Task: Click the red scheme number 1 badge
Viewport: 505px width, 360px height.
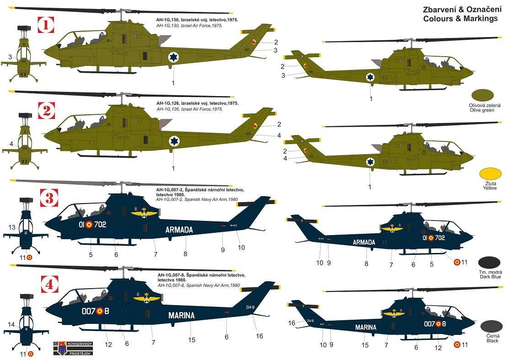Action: [x=46, y=26]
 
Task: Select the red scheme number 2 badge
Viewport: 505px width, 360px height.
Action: [x=46, y=111]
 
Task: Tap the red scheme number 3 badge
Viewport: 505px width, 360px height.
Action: [x=46, y=199]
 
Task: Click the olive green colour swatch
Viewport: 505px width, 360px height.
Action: [x=482, y=95]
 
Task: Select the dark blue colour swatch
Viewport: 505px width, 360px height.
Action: [x=489, y=263]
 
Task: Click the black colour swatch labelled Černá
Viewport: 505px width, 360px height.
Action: [x=489, y=327]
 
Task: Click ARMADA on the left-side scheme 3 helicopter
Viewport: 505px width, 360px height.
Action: [x=179, y=230]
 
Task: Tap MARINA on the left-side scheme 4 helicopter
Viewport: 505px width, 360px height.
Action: [x=181, y=315]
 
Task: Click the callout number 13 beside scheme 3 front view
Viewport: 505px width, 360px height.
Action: [x=12, y=227]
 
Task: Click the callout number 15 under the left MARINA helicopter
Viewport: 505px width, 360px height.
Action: [x=192, y=339]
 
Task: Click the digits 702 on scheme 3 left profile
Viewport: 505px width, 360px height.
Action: [x=101, y=225]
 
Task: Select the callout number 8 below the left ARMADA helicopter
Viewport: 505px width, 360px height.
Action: [x=185, y=253]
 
